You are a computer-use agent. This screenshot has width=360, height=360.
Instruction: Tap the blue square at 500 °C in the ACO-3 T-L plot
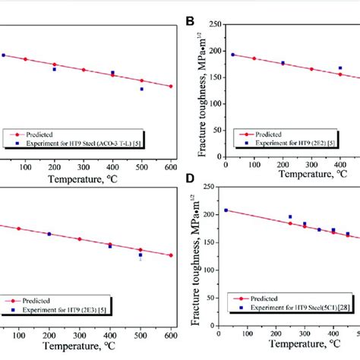click(x=141, y=89)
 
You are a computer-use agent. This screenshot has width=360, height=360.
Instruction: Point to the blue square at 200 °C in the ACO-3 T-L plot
click(x=54, y=69)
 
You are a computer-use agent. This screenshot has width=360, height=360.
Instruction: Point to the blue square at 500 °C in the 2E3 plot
click(x=141, y=255)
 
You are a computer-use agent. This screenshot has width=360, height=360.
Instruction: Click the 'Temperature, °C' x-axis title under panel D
click(x=285, y=349)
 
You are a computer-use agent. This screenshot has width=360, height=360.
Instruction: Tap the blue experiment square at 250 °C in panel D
click(x=289, y=217)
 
